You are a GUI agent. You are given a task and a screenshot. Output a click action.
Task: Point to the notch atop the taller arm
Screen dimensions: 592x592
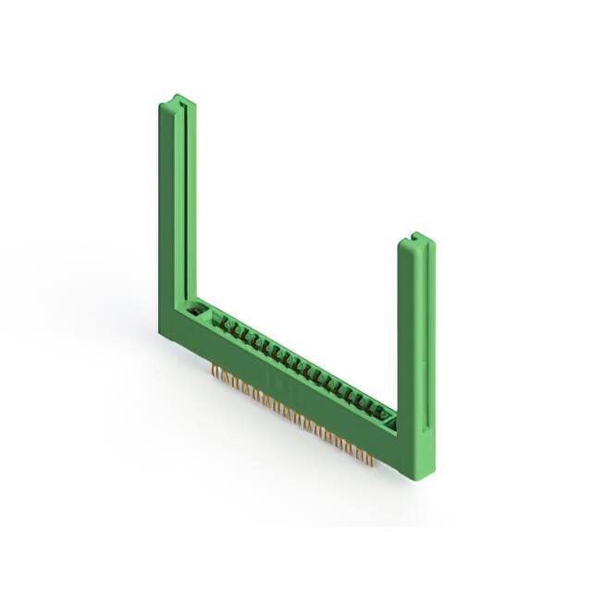[x=179, y=99]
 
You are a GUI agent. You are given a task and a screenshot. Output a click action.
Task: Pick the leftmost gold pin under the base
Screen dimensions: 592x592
[x=214, y=371]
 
